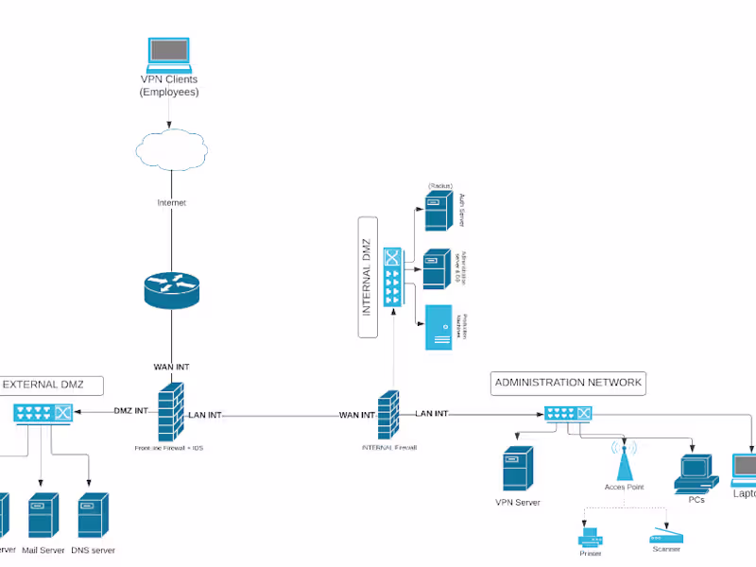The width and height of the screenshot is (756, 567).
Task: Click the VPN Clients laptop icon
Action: coord(168,55)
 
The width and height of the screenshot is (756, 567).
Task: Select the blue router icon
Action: coord(172,289)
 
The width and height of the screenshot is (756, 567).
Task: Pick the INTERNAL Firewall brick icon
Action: coord(388,414)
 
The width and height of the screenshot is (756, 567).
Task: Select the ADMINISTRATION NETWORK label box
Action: coord(569,383)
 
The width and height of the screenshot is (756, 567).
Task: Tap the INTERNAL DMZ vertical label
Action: coord(368,276)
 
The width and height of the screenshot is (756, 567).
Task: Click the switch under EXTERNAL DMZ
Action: coord(43,413)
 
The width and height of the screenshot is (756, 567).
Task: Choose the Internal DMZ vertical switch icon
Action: coord(392,277)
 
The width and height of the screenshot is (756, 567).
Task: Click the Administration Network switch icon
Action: coord(568,414)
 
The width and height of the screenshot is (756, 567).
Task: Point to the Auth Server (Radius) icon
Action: coord(437,213)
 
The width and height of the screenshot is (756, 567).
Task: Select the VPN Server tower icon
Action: coord(517,468)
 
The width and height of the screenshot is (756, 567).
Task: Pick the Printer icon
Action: coord(590,539)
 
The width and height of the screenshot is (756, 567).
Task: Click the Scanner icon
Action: coord(665,536)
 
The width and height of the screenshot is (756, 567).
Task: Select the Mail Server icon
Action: coord(43,514)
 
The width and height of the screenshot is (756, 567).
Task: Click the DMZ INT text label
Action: coord(130,411)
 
